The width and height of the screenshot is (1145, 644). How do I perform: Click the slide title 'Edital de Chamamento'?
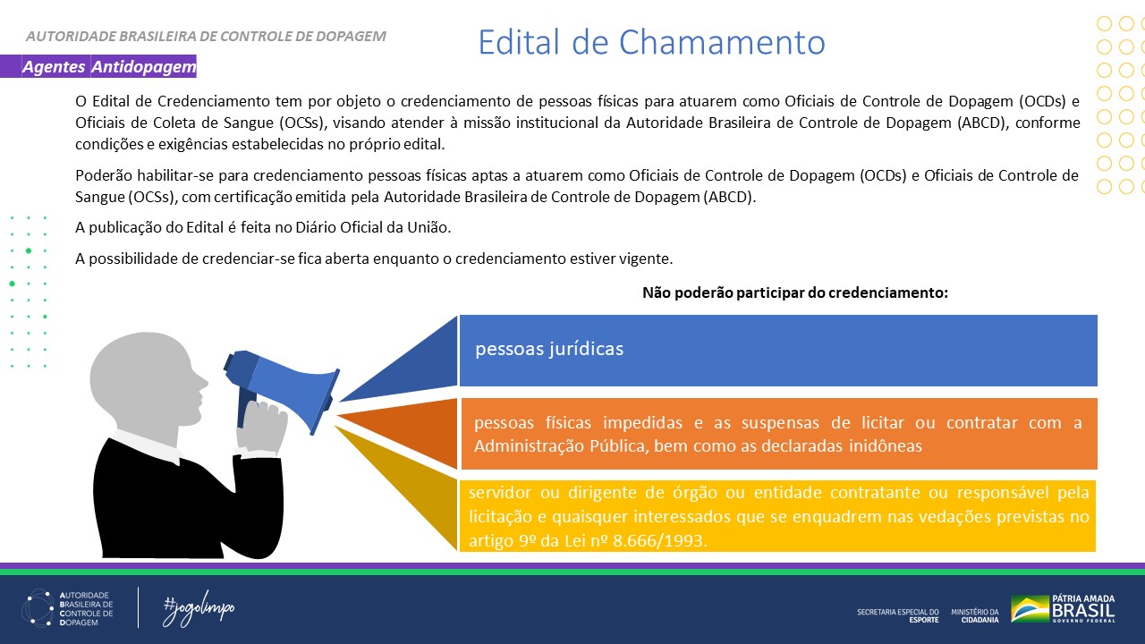(x=650, y=42)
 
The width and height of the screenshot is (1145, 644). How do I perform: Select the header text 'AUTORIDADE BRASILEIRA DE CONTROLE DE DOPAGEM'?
(x=206, y=37)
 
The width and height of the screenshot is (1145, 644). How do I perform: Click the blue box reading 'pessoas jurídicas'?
(x=777, y=350)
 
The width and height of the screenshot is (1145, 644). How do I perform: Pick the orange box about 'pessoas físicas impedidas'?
(x=777, y=434)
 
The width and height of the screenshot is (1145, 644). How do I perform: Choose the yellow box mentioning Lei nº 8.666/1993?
(x=777, y=517)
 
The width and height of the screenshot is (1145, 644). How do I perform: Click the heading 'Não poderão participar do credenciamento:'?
(x=794, y=292)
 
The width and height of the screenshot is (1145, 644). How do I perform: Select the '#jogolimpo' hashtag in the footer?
(x=199, y=609)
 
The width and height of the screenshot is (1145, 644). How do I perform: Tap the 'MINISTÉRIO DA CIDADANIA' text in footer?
(x=974, y=614)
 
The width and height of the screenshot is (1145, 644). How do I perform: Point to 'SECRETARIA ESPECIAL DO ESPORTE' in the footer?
(x=897, y=614)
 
